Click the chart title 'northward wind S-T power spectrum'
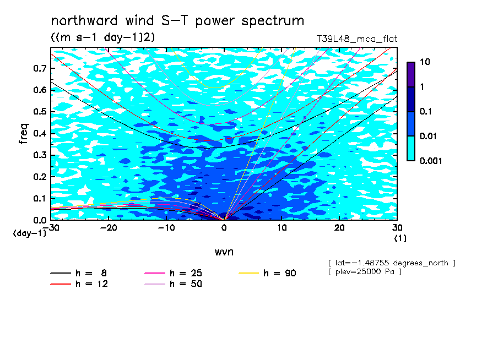pos(177,21)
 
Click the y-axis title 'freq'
pos(23,134)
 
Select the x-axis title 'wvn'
pos(224,252)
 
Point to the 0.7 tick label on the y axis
pos(40,68)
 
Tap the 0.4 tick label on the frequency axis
pos(40,133)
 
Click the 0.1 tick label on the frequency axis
pos(40,198)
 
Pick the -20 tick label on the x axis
pos(109,228)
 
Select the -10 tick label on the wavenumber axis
pos(166,228)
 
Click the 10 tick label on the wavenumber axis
pos(282,228)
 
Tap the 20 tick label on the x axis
pos(339,228)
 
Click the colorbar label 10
pos(425,62)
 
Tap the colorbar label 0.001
pos(431,161)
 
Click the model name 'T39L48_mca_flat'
pos(357,39)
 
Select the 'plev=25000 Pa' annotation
pos(365,272)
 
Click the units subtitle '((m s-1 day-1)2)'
pos(103,37)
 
